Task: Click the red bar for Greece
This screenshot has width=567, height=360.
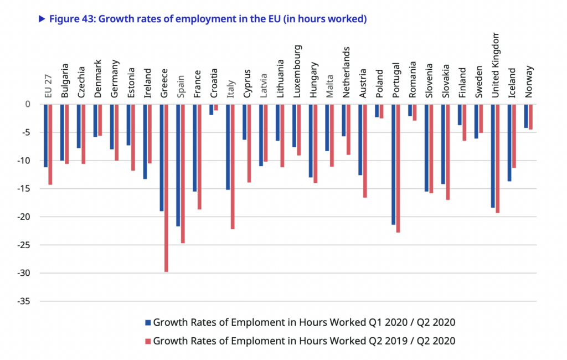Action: point(166,188)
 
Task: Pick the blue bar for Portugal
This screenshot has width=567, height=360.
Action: point(393,164)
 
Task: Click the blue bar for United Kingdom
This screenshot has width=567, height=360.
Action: point(492,156)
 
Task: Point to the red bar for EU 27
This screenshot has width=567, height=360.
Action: point(50,144)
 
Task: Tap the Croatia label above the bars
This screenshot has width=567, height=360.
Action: point(214,83)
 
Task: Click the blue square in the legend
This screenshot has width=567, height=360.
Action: point(148,322)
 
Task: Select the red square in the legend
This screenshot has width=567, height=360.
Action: point(148,341)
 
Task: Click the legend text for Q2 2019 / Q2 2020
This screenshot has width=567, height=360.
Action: point(304,341)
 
